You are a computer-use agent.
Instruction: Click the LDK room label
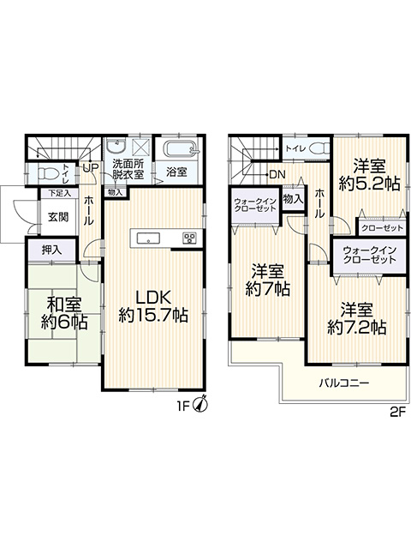tap(153, 307)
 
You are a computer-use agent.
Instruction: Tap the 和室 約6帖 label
tap(63, 313)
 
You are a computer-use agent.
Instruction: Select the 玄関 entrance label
tap(58, 217)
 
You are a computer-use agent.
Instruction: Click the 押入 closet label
tap(51, 250)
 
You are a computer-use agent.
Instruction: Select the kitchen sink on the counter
tap(148, 238)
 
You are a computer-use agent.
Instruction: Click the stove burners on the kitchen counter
tap(190, 238)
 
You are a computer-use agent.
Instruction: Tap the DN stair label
tap(277, 174)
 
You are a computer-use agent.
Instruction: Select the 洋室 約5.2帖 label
tap(369, 174)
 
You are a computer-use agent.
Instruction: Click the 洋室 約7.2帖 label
tap(357, 318)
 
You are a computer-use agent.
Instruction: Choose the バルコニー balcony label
tap(344, 383)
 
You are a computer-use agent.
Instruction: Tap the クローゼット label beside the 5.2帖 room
tap(382, 229)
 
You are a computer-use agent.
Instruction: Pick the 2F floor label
tap(397, 412)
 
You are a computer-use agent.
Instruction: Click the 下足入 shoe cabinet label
tap(60, 192)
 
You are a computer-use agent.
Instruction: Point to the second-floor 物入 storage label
tap(293, 199)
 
